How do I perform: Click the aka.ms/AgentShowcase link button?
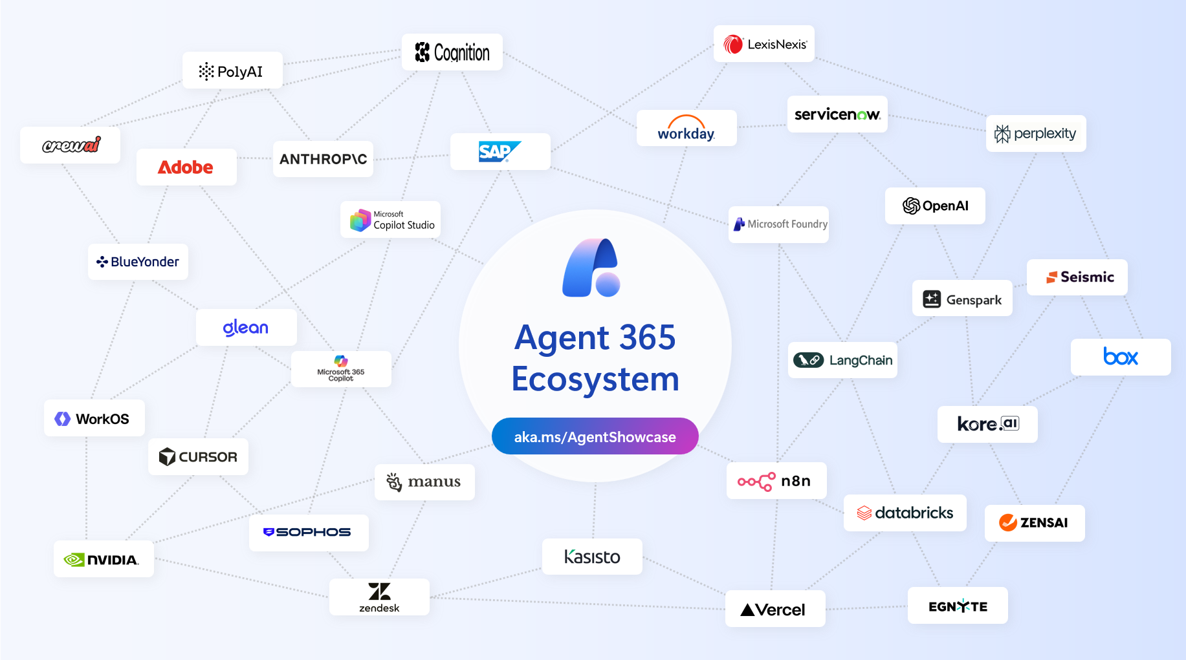595,436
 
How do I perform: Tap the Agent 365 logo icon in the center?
591,268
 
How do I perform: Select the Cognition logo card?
452,52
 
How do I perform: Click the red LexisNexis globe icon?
733,44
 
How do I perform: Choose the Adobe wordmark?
186,167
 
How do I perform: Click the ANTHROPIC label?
323,159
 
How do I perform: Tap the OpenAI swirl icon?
911,206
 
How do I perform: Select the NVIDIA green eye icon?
74,560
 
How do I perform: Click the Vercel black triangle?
747,610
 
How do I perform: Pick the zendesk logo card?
379,597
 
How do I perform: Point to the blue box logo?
1120,357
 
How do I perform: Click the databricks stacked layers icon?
864,513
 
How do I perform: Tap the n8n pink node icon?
756,482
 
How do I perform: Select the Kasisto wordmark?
592,557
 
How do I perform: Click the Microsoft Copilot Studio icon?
360,220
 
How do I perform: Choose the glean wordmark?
246,328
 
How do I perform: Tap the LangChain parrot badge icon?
808,360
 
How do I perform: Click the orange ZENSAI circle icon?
1007,522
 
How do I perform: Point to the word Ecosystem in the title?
595,379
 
